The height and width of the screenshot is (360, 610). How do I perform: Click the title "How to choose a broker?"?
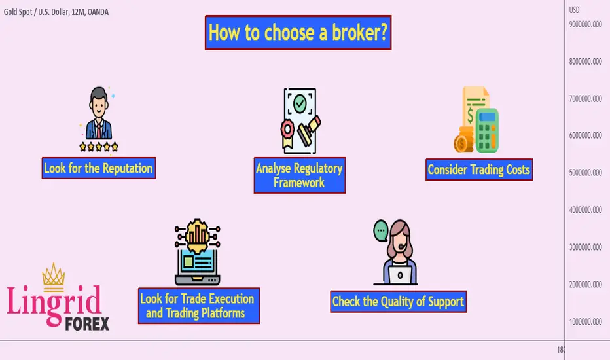tap(298, 33)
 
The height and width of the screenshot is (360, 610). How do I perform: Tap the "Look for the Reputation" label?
tap(98, 168)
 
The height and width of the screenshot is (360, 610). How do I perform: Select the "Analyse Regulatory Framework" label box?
tap(299, 175)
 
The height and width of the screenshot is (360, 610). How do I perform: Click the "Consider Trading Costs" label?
tap(479, 170)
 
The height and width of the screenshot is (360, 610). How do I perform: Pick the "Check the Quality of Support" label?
tap(398, 302)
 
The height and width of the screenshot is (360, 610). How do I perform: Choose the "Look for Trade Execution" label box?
tap(198, 306)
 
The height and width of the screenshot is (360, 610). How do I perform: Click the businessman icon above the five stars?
tap(99, 113)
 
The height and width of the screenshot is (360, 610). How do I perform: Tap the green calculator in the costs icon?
tap(487, 130)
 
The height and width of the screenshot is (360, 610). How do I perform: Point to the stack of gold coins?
tap(463, 139)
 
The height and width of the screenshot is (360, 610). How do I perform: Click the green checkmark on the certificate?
tap(300, 103)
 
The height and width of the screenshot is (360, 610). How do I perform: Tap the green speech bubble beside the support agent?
tap(381, 230)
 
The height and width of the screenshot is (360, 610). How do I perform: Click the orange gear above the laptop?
tap(198, 236)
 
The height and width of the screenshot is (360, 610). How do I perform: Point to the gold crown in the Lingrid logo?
tap(53, 277)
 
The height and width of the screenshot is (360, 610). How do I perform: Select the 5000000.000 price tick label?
tap(586, 172)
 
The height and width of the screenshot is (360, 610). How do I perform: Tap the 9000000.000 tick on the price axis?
tap(586, 24)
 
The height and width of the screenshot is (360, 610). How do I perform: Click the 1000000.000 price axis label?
tap(586, 322)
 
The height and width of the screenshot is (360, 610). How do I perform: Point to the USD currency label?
tap(574, 10)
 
